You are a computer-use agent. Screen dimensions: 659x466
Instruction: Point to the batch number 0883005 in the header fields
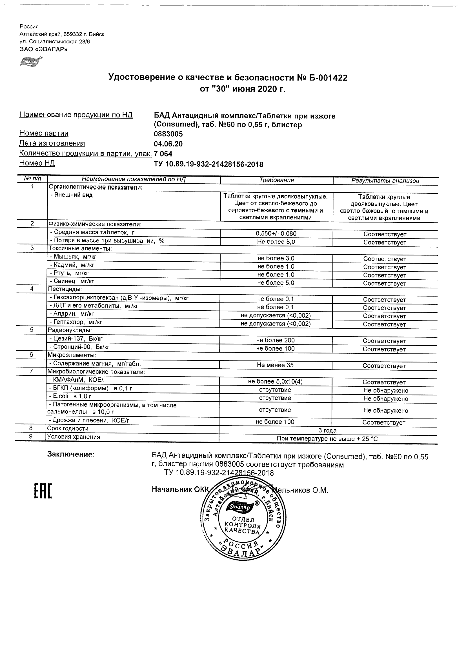pyautogui.click(x=168, y=134)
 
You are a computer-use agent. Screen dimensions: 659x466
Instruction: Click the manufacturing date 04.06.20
pyautogui.click(x=168, y=144)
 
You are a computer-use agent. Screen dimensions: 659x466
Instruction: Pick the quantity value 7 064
pyautogui.click(x=163, y=154)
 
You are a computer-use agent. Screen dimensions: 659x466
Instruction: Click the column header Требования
pyautogui.click(x=276, y=180)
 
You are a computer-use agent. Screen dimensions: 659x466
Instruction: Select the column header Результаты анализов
pyautogui.click(x=385, y=181)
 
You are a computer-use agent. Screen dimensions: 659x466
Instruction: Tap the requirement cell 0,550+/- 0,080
pyautogui.click(x=276, y=234)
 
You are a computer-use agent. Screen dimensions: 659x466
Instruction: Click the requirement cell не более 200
pyautogui.click(x=275, y=340)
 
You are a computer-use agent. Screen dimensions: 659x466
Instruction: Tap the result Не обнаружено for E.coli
pyautogui.click(x=385, y=398)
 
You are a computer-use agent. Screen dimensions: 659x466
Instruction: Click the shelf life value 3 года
pyautogui.click(x=327, y=430)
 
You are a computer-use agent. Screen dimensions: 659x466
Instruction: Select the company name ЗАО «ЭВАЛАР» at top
pyautogui.click(x=43, y=49)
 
